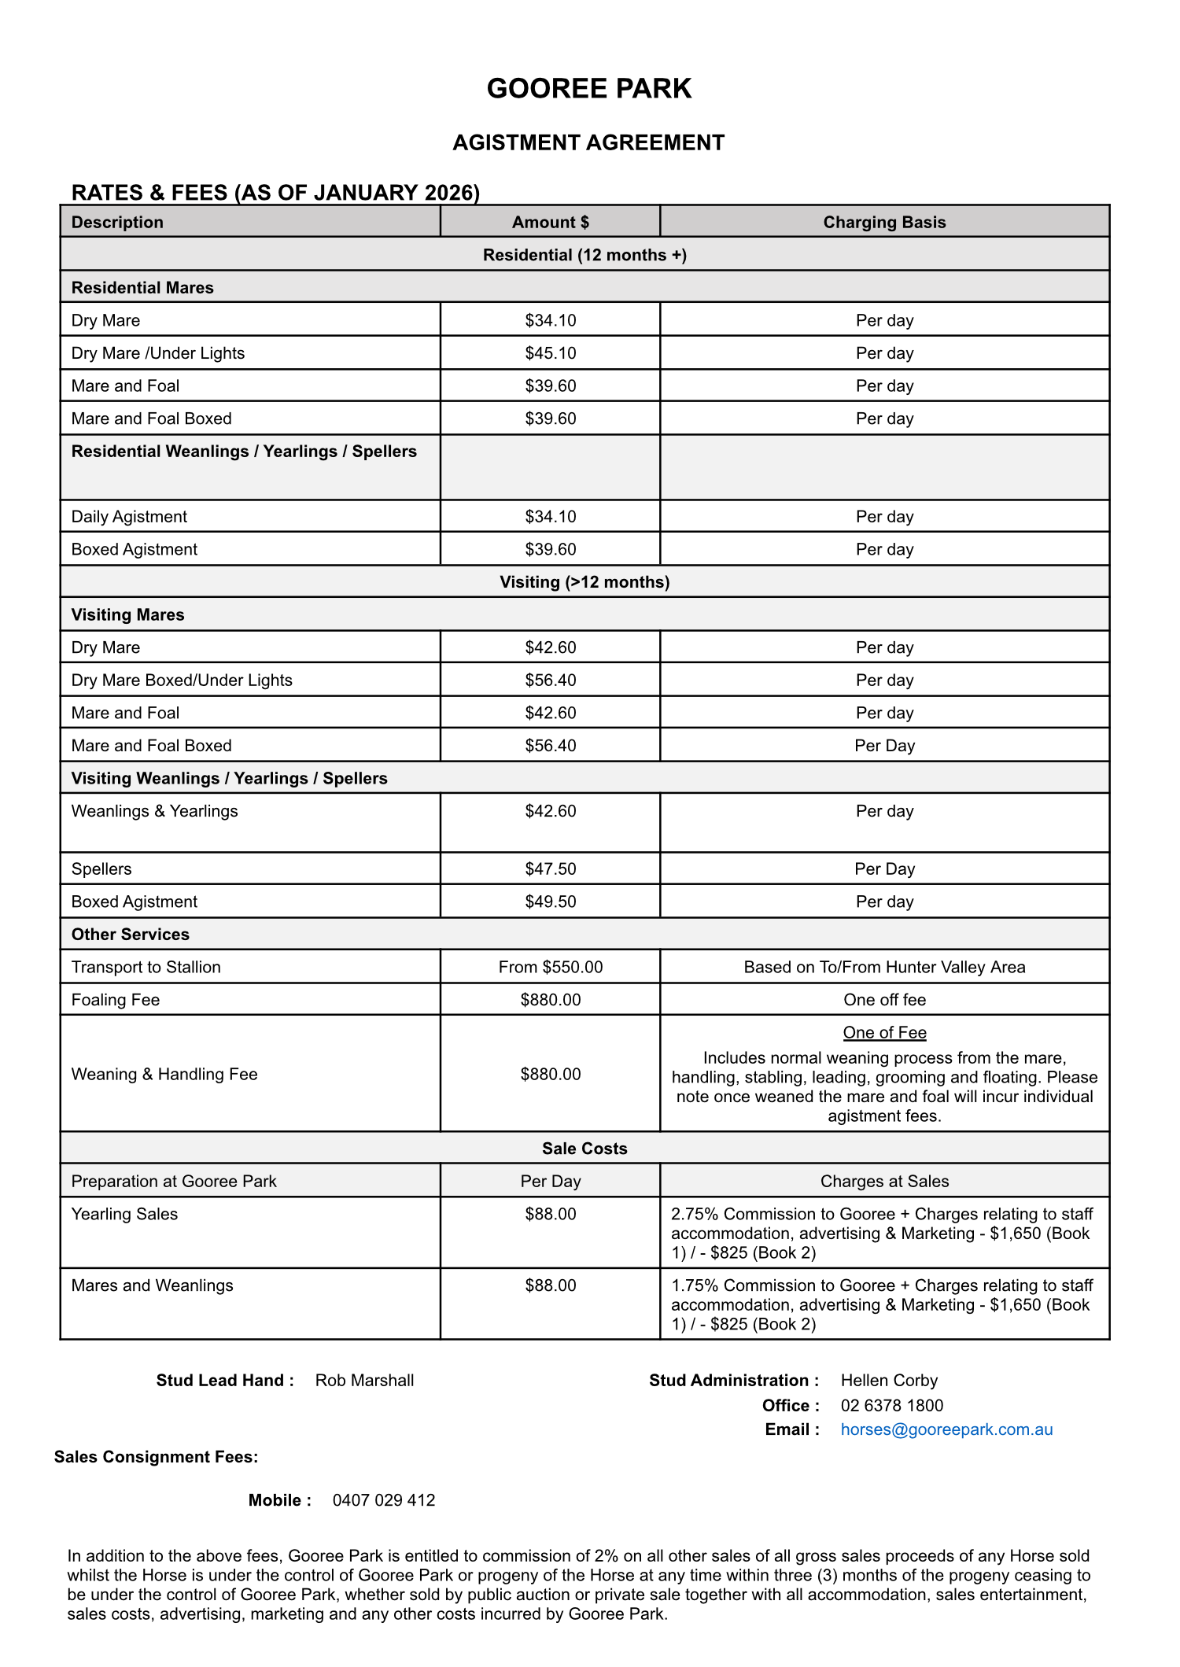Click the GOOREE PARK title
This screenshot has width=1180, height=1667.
click(588, 88)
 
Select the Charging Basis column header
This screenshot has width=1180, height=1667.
click(884, 222)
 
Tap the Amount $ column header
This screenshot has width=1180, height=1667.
click(550, 222)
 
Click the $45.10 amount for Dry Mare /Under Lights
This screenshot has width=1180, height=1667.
click(550, 353)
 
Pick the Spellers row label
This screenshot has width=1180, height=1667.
click(101, 869)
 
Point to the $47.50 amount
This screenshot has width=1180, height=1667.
click(550, 869)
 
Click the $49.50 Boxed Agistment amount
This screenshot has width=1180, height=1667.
click(550, 902)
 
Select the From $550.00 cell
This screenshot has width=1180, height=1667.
click(550, 967)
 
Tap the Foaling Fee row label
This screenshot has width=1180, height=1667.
click(116, 1000)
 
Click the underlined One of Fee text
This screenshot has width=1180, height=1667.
click(884, 1033)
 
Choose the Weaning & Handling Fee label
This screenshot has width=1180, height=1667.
click(164, 1075)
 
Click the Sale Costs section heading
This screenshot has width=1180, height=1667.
click(584, 1149)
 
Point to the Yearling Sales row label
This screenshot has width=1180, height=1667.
click(124, 1214)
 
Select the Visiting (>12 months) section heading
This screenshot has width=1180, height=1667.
click(584, 582)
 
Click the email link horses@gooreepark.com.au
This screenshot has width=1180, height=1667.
click(946, 1429)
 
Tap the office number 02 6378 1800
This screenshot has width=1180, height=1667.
click(891, 1405)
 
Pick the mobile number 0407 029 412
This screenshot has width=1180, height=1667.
click(384, 1500)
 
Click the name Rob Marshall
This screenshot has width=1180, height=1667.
click(364, 1381)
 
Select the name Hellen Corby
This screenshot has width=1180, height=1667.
click(889, 1381)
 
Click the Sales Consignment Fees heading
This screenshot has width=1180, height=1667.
click(156, 1457)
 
